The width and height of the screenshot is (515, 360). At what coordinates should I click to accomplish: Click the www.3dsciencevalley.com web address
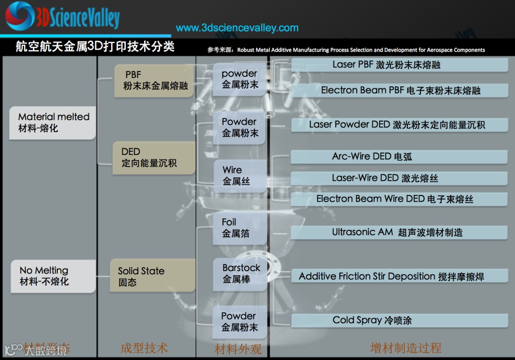pyautogui.click(x=237, y=28)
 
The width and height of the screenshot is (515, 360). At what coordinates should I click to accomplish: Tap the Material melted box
pyautogui.click(x=53, y=123)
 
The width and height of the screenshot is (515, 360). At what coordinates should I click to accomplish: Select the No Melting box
pyautogui.click(x=53, y=276)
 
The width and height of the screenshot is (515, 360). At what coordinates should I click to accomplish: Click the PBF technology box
pyautogui.click(x=154, y=81)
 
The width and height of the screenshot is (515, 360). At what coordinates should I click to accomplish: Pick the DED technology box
pyautogui.click(x=154, y=157)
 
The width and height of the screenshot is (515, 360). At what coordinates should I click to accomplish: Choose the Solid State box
pyautogui.click(x=153, y=276)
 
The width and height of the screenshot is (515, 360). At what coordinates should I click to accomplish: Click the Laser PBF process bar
pyautogui.click(x=400, y=65)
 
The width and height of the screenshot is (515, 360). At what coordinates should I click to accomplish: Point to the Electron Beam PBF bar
pyautogui.click(x=400, y=90)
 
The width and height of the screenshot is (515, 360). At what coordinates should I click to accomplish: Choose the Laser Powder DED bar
pyautogui.click(x=400, y=125)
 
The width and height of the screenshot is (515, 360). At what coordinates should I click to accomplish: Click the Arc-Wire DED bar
pyautogui.click(x=400, y=156)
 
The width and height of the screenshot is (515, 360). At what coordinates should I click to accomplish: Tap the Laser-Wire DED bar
pyautogui.click(x=400, y=178)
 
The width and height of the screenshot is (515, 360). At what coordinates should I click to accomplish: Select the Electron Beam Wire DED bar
pyautogui.click(x=400, y=199)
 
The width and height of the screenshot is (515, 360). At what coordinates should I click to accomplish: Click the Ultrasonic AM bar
pyautogui.click(x=400, y=232)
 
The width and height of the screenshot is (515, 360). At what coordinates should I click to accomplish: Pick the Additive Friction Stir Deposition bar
pyautogui.click(x=400, y=276)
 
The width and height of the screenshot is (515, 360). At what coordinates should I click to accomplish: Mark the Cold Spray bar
pyautogui.click(x=400, y=320)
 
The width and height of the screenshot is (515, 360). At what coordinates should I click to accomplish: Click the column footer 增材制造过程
pyautogui.click(x=405, y=348)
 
